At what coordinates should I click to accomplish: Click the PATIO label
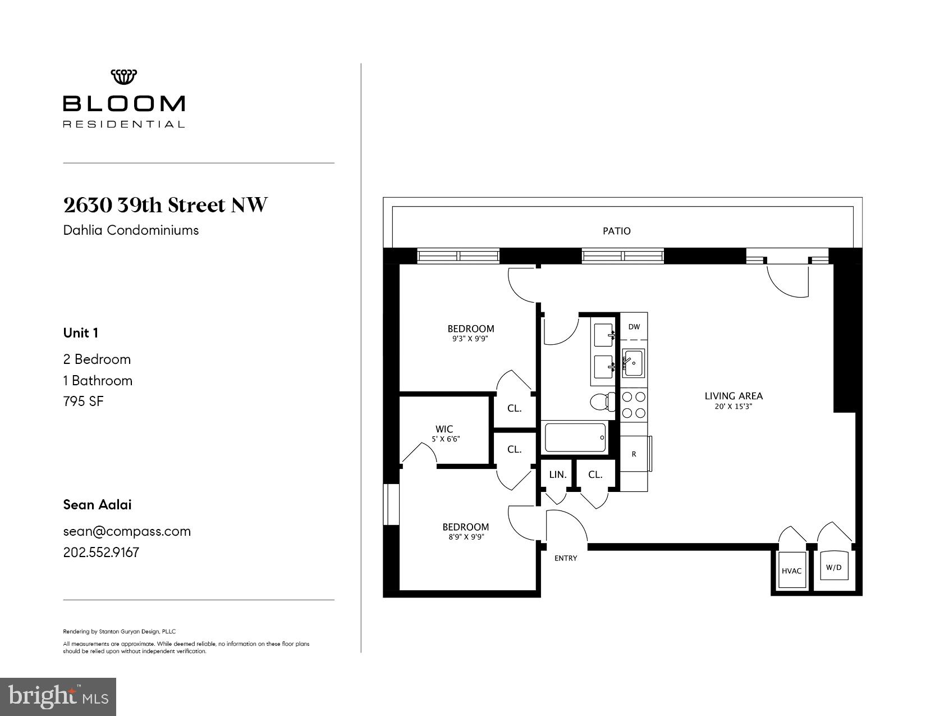(616, 231)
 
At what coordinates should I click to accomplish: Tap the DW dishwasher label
(634, 327)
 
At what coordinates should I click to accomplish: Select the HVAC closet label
(791, 571)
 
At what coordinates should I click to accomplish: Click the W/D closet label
(833, 567)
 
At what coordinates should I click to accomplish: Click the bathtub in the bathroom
(575, 437)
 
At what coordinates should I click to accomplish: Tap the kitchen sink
(634, 363)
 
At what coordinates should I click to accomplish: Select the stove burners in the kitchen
(634, 405)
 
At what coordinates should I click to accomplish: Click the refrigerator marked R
(634, 454)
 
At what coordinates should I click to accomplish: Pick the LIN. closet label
(557, 475)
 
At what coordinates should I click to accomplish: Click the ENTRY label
(565, 558)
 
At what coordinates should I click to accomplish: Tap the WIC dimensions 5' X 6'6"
(446, 439)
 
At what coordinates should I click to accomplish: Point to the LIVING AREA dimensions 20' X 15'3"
(733, 407)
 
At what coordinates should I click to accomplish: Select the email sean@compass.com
(127, 531)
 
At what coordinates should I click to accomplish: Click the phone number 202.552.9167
(101, 553)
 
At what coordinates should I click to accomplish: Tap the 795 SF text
(84, 402)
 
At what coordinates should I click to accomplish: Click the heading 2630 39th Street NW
(166, 206)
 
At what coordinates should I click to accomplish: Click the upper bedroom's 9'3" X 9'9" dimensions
(470, 339)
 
